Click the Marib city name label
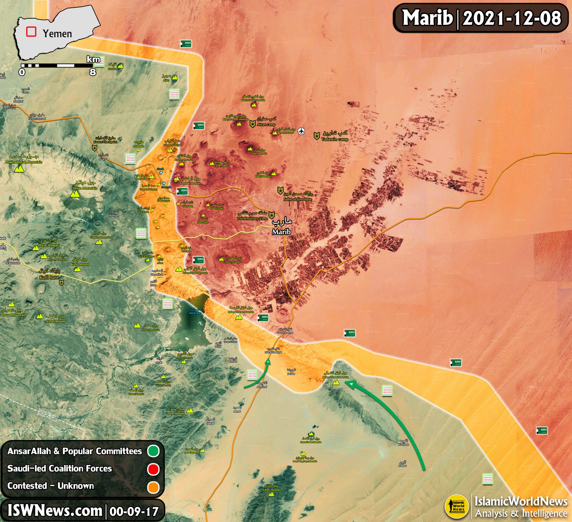click(x=282, y=232)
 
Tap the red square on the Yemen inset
click(x=31, y=32)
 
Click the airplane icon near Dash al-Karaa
click(x=301, y=131)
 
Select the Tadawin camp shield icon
click(x=317, y=136)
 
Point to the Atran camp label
click(x=266, y=124)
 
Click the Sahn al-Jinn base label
click(x=298, y=199)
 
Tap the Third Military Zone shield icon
click(x=272, y=215)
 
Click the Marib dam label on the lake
click(x=196, y=313)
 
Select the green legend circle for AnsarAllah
click(x=153, y=451)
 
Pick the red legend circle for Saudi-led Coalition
click(x=153, y=469)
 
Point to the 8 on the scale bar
click(x=92, y=72)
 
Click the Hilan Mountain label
click(x=85, y=188)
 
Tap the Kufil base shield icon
click(x=61, y=283)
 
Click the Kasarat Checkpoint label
click(x=105, y=142)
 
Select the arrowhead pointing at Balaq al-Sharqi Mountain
click(x=351, y=384)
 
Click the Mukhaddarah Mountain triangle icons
click(x=19, y=169)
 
